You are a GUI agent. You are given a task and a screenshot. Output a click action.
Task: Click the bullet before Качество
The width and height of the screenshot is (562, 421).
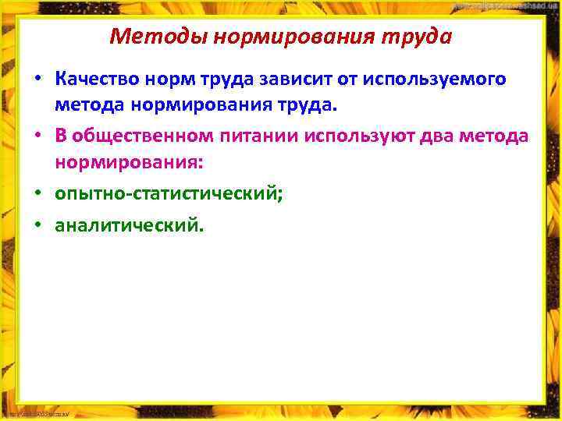[x=37, y=80]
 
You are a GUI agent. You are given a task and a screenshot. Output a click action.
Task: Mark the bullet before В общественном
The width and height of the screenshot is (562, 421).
[x=37, y=136]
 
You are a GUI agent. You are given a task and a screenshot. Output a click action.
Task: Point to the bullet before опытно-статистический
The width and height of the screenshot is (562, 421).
[x=37, y=193]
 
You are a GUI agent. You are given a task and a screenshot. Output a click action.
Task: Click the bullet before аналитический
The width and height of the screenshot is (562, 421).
[x=37, y=226]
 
